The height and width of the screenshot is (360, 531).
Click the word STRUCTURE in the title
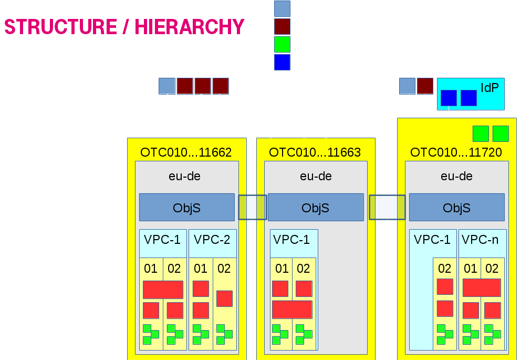(x=60, y=27)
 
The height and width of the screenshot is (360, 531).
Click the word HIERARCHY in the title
(x=190, y=27)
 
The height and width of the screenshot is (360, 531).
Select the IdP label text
(x=490, y=88)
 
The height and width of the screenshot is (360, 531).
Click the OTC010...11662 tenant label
(x=186, y=152)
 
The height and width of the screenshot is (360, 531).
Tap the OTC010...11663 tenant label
(x=315, y=152)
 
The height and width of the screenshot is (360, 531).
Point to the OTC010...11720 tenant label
(x=456, y=152)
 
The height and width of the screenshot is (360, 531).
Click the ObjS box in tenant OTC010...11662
(x=186, y=208)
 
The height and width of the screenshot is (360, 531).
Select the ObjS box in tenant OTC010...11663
(x=315, y=208)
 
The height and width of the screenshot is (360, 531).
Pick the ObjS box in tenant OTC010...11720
(x=456, y=208)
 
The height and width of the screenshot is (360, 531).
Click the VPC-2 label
(x=212, y=240)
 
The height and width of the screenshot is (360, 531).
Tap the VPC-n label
(x=480, y=240)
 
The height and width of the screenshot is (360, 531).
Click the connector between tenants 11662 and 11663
(x=252, y=208)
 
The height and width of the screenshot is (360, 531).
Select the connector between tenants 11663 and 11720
(x=387, y=208)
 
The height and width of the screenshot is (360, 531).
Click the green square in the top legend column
(x=282, y=44)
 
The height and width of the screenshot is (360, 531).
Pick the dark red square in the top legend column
(x=282, y=26)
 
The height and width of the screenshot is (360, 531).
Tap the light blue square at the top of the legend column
(x=282, y=8)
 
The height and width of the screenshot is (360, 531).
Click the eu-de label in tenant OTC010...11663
(x=316, y=176)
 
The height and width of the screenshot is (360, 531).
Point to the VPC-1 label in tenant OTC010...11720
(x=432, y=240)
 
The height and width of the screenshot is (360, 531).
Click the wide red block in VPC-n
(x=481, y=287)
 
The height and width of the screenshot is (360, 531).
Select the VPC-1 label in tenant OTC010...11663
(x=291, y=240)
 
